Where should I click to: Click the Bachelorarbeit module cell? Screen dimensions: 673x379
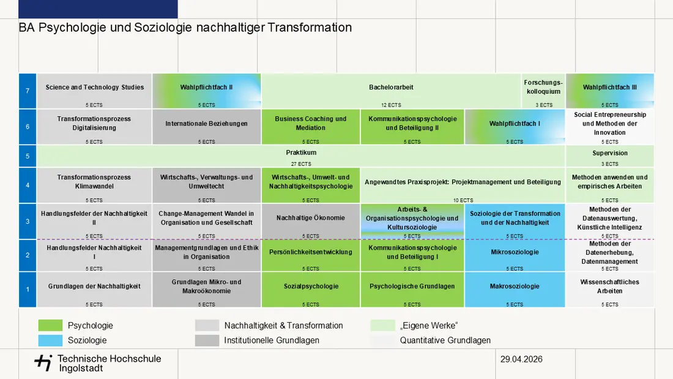[391, 91]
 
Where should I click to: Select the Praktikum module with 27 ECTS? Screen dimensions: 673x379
[301, 156]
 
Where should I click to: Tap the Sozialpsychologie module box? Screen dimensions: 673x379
[311, 289]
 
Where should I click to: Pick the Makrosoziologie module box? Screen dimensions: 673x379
[515, 289]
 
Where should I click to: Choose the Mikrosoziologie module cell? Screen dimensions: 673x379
[515, 255]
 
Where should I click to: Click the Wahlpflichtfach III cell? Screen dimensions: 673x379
[610, 91]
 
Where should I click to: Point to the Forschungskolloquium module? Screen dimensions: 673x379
[543, 91]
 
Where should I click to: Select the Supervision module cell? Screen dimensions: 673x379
[610, 156]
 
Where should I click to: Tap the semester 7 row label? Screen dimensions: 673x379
[28, 91]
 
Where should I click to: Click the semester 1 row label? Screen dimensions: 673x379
[28, 289]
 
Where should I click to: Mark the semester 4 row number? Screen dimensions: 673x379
[28, 185]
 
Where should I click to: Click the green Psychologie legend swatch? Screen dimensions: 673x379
[50, 325]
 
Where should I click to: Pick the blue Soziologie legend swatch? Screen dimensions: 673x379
[50, 340]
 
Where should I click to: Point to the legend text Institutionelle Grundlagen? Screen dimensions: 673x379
[272, 340]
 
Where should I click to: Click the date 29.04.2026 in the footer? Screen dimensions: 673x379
[521, 359]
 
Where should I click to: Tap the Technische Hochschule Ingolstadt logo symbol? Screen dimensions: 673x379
[43, 362]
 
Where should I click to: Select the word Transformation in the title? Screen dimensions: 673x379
[310, 28]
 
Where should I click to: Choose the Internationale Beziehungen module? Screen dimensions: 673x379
[206, 127]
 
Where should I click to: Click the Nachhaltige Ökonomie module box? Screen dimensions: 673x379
[311, 221]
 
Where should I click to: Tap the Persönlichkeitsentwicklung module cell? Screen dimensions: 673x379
[311, 255]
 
